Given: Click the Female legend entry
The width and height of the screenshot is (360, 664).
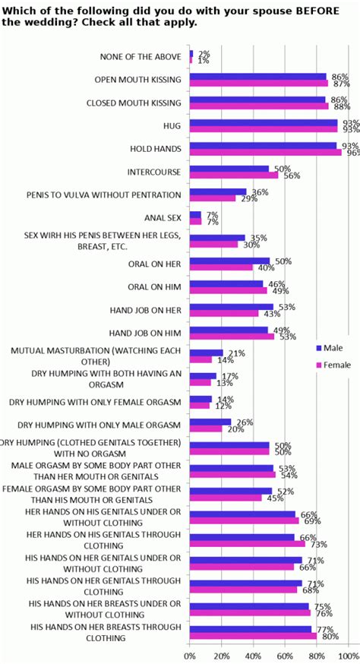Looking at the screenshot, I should click(x=336, y=365).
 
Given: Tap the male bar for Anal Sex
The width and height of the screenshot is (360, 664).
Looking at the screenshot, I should click(x=195, y=215).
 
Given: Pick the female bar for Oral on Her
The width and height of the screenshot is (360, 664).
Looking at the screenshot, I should click(x=221, y=267).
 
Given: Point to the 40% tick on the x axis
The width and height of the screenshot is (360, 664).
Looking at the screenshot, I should click(x=254, y=654).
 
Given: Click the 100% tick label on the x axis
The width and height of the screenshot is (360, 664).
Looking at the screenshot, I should click(x=349, y=654).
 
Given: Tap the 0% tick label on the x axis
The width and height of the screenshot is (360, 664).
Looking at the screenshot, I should click(x=190, y=654).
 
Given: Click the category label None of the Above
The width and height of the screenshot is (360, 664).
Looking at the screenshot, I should click(x=141, y=57).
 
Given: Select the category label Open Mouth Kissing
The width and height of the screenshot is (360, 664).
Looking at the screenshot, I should click(x=138, y=79).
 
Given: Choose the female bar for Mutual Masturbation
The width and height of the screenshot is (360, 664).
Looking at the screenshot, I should click(x=201, y=359).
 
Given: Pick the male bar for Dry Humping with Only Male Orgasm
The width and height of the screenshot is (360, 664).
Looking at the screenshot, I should click(x=210, y=422).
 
